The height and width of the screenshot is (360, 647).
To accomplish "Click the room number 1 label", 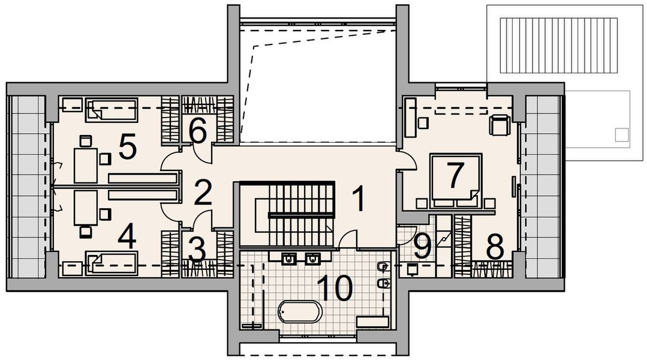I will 358,199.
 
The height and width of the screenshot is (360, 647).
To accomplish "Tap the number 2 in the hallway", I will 203,193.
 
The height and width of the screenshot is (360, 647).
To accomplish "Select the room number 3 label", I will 197,250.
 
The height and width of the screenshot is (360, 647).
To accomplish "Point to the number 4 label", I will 127,237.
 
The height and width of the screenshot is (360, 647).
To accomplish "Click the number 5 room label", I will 128,148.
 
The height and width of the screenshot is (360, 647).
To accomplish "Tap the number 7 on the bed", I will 455,175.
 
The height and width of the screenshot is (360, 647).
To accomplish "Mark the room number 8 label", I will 495,247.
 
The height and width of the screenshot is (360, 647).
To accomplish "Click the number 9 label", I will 422,247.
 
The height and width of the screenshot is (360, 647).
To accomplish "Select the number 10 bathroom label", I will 333,289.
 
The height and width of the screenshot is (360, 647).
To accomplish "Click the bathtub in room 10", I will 300,311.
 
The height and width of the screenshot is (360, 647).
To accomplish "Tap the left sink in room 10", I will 289,259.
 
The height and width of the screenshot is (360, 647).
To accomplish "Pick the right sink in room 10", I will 312,259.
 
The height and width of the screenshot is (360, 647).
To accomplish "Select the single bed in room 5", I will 112,109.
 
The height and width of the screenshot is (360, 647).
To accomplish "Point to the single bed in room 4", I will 112,262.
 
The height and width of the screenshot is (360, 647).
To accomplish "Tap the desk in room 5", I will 85,165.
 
